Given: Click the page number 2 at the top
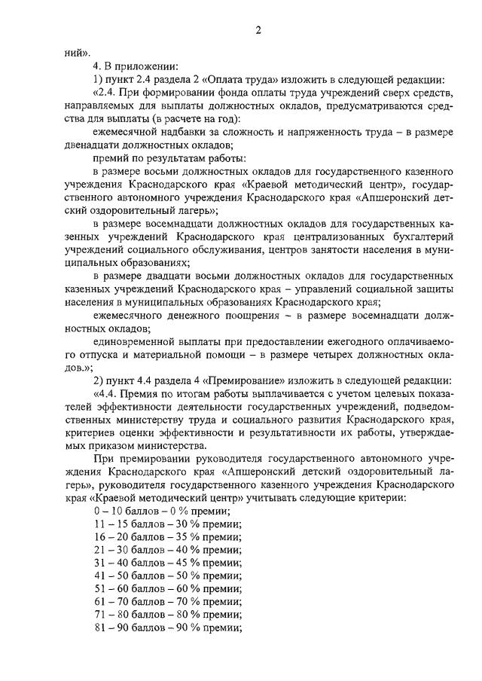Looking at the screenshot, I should tap(258, 30).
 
